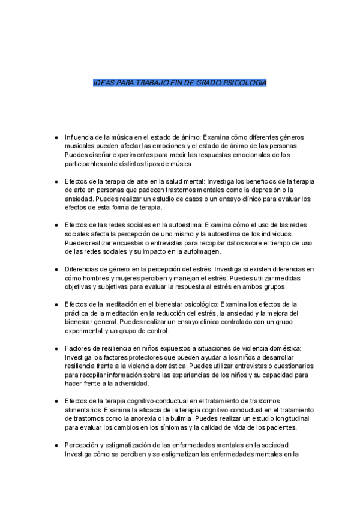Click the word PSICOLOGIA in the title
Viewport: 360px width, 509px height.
coord(244,82)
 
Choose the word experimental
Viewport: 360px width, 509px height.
coord(88,331)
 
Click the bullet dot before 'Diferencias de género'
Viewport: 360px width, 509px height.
coord(56,270)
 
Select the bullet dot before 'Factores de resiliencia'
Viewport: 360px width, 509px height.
coord(56,349)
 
